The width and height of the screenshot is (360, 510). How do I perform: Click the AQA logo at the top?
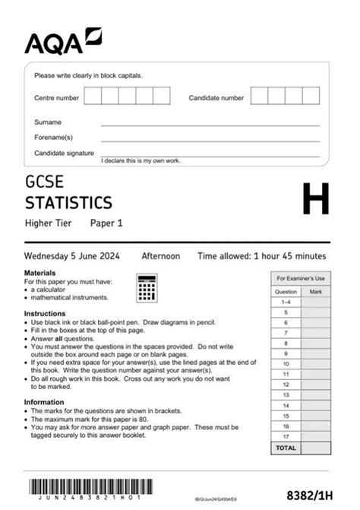63,41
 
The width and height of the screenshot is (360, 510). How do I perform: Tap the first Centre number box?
93,96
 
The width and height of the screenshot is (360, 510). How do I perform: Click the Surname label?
48,122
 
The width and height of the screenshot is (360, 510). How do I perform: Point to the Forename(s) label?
53,137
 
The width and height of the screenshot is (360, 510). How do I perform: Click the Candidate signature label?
63,153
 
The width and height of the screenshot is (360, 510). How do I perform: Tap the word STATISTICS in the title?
68,202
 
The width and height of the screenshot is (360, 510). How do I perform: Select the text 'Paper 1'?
106,223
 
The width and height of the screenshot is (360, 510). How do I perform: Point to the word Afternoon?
161,256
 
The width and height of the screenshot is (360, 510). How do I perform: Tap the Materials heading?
39,272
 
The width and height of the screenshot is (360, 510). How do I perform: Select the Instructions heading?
45,313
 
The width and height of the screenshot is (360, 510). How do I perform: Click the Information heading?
44,402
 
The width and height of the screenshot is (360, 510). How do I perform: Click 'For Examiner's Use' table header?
300,279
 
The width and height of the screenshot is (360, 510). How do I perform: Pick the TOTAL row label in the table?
286,448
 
